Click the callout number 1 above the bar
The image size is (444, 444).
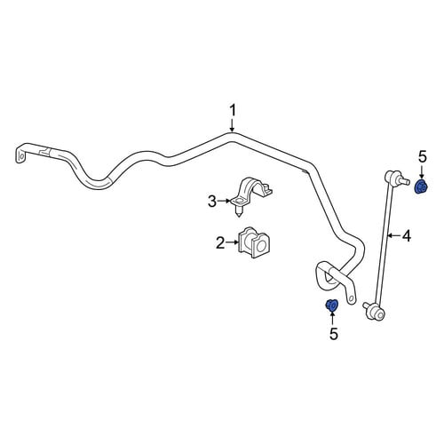(233, 111)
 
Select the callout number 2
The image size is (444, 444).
(220, 242)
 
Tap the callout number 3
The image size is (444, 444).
(212, 202)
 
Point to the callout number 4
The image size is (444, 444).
(407, 236)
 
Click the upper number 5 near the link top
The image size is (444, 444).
(423, 157)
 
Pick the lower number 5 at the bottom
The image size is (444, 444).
(334, 334)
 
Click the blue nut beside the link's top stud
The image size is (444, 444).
(421, 186)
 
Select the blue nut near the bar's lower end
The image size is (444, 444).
(331, 305)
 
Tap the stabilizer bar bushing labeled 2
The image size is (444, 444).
(254, 242)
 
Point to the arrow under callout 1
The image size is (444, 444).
(233, 125)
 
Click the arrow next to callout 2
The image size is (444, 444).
(232, 242)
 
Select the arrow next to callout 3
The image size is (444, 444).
(224, 201)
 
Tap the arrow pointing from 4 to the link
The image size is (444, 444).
(394, 235)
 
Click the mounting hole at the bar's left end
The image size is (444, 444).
(20, 155)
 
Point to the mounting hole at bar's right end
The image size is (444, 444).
(351, 298)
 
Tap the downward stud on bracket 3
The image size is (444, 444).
(239, 212)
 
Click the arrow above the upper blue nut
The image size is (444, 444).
(422, 171)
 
